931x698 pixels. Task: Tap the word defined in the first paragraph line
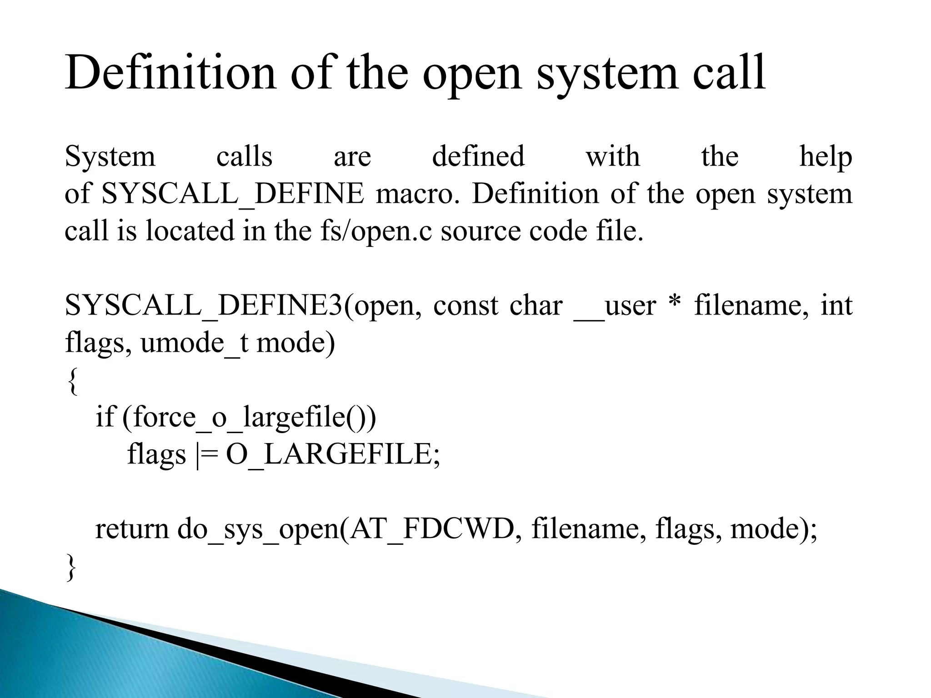(478, 156)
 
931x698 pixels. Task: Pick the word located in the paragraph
(190, 230)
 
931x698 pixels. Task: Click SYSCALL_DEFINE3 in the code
(203, 305)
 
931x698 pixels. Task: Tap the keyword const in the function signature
(465, 305)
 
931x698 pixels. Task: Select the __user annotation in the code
(615, 305)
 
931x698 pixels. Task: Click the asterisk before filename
(675, 304)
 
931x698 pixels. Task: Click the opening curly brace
(71, 381)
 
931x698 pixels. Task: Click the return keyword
(132, 529)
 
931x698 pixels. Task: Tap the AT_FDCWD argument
(431, 529)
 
